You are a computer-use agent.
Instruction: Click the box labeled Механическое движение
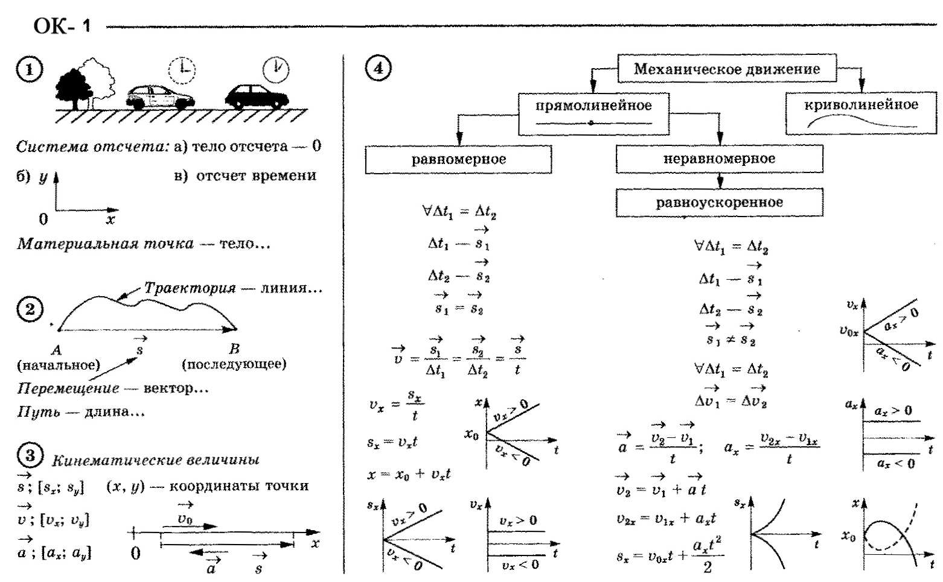(727, 69)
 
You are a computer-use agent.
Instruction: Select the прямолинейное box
(593, 113)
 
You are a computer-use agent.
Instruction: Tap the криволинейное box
(861, 113)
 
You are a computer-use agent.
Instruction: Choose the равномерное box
(458, 160)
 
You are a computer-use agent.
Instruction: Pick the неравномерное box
(719, 159)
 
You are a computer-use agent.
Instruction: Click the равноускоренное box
(719, 203)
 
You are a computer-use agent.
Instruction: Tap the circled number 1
(30, 69)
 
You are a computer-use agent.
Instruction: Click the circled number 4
(378, 68)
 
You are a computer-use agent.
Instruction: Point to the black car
(257, 96)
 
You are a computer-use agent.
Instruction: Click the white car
(160, 97)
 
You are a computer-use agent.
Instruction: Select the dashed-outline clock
(182, 71)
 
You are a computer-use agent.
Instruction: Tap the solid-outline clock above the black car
(276, 69)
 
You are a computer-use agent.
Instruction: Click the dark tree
(74, 87)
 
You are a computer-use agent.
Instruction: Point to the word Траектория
(190, 288)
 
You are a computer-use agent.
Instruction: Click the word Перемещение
(68, 388)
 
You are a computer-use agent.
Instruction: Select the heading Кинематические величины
(156, 460)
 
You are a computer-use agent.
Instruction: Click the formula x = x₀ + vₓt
(409, 475)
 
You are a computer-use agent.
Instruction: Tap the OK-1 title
(62, 26)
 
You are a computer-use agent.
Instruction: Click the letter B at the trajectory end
(234, 349)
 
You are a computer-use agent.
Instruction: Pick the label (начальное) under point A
(58, 364)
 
